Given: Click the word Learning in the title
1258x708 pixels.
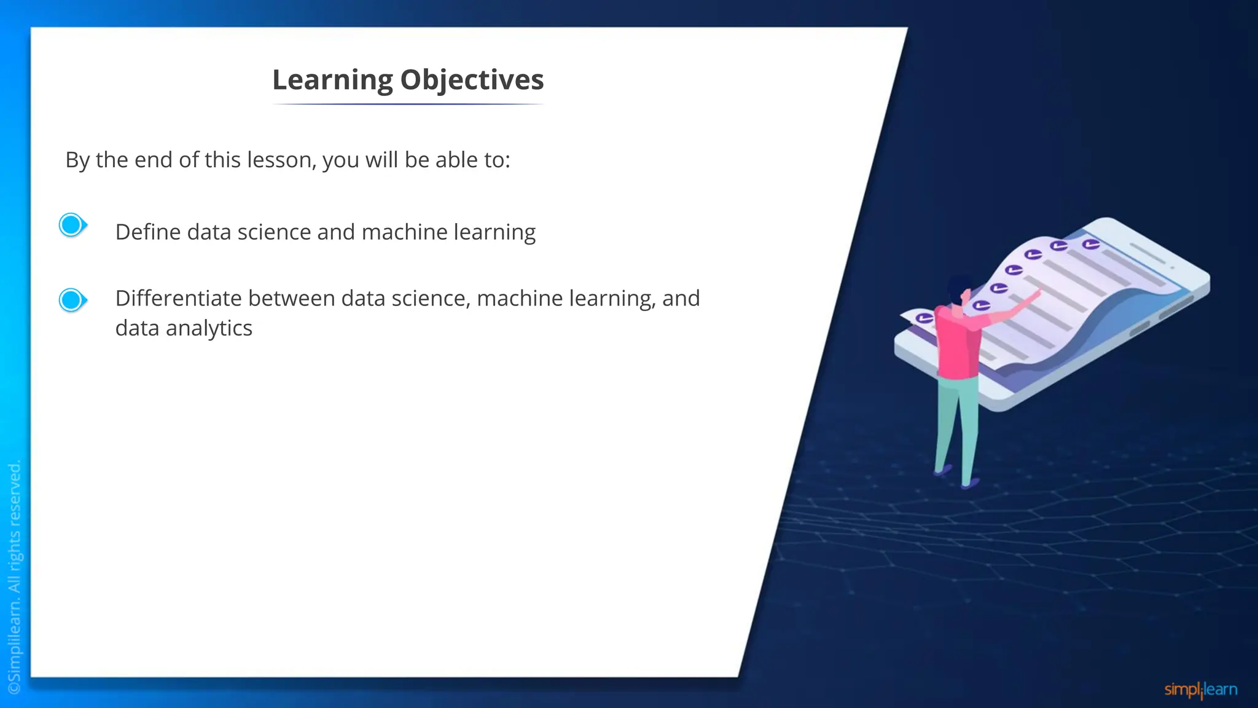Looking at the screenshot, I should [332, 81].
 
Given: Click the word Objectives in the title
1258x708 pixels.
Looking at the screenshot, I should [472, 81].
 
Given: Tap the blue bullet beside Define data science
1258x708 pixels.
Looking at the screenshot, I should [72, 225].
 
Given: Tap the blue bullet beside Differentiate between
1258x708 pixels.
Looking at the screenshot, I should [72, 300].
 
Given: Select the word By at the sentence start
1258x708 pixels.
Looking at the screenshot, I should [77, 160].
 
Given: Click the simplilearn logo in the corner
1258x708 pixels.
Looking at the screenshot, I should [1200, 690].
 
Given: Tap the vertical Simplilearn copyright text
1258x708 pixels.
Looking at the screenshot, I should [14, 578].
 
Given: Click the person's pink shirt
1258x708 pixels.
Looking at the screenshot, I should [958, 344].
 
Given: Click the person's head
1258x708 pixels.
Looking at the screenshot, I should [958, 289].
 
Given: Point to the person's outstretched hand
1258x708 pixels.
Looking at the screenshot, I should [1034, 294].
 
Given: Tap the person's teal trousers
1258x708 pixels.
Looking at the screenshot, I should [955, 424].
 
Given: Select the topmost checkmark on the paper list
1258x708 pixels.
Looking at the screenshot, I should [1090, 245].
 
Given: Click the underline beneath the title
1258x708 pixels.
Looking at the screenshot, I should [408, 104].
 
